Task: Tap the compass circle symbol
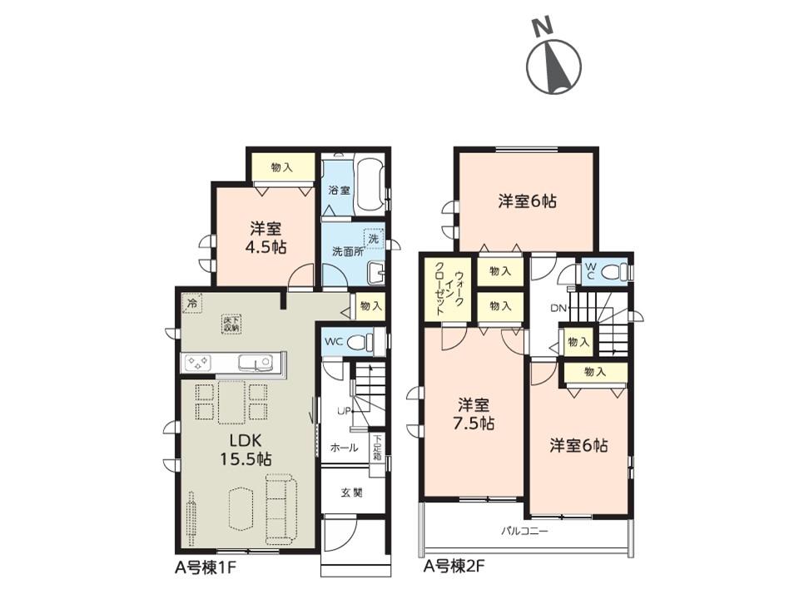pyautogui.click(x=553, y=66)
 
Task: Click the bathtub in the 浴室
pyautogui.click(x=370, y=185)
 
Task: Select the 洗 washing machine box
pyautogui.click(x=373, y=237)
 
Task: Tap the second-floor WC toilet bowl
pyautogui.click(x=613, y=271)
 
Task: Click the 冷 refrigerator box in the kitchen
pyautogui.click(x=192, y=304)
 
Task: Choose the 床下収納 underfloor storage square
pyautogui.click(x=231, y=324)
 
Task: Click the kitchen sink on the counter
pyautogui.click(x=255, y=362)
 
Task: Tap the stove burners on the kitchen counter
pyautogui.click(x=198, y=362)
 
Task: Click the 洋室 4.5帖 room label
pyautogui.click(x=266, y=239)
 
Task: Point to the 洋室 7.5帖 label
pyautogui.click(x=474, y=414)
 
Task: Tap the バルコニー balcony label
pyautogui.click(x=524, y=532)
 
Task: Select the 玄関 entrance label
pyautogui.click(x=351, y=493)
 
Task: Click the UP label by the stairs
pyautogui.click(x=344, y=410)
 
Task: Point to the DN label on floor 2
pyautogui.click(x=558, y=308)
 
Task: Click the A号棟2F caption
pyautogui.click(x=453, y=567)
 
